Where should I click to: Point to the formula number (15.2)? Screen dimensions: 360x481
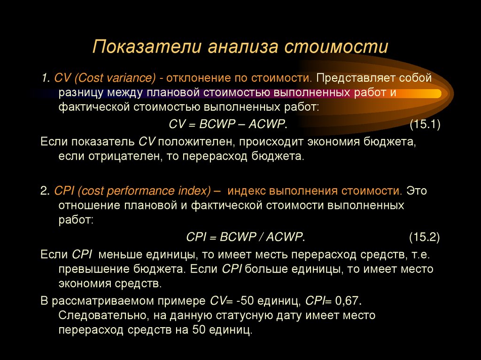coord(424,237)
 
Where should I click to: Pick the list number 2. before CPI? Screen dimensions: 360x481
coord(45,191)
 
